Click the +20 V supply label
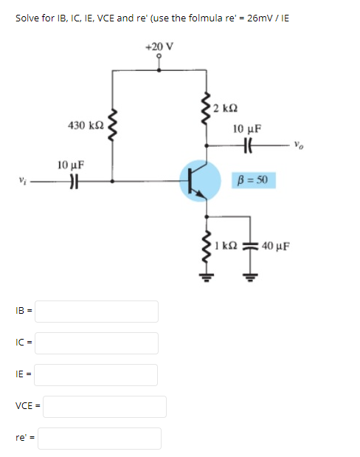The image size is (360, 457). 160,46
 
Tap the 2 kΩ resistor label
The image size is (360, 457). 224,110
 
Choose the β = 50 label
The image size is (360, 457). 253,179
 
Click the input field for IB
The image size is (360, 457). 97,311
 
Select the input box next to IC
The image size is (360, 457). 97,343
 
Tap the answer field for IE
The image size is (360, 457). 97,374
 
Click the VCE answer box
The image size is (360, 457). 108,406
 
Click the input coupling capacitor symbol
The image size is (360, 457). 74,179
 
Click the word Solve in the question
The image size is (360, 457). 27,17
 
